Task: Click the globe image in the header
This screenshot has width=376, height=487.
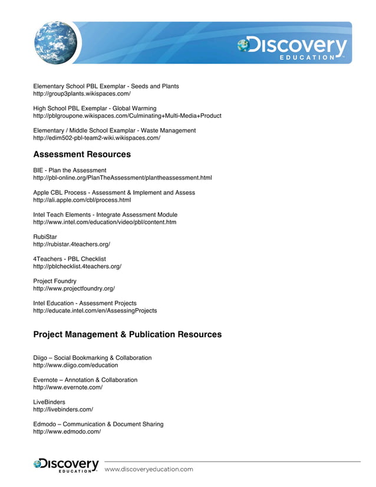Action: (x=56, y=42)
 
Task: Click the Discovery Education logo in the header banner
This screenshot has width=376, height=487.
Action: (x=293, y=48)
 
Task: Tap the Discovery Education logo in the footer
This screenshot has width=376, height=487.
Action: (x=66, y=465)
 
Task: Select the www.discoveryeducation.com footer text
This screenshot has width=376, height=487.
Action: (x=149, y=469)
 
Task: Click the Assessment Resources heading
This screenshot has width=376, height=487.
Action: (x=82, y=154)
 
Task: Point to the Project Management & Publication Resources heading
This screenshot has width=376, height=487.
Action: (x=127, y=334)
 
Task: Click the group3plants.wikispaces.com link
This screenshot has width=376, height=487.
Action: (x=81, y=94)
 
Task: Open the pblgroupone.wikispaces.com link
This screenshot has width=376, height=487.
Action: (x=127, y=116)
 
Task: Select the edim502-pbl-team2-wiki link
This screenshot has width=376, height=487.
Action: (x=96, y=138)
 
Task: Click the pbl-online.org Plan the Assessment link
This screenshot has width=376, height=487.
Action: (x=122, y=177)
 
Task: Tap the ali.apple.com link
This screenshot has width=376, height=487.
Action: (x=82, y=200)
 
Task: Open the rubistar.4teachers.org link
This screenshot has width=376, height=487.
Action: (x=71, y=244)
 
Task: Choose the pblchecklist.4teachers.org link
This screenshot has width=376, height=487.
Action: (x=77, y=266)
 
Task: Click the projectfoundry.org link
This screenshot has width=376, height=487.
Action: (x=74, y=288)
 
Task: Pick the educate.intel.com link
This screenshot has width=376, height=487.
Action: (x=95, y=310)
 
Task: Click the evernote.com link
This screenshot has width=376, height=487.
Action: (x=68, y=387)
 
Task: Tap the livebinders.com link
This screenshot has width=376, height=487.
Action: (x=63, y=409)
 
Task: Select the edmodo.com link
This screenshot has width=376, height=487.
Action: (x=67, y=432)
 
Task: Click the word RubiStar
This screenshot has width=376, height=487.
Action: (x=45, y=236)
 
